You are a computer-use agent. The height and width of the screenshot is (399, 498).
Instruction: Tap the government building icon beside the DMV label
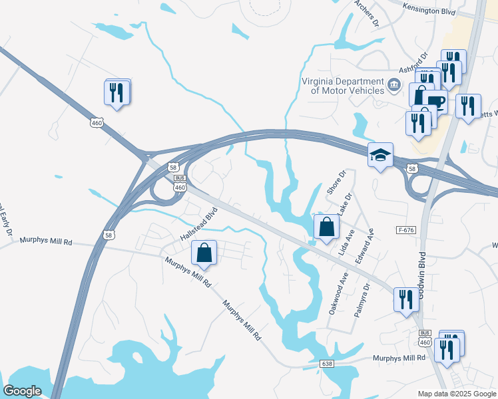(x=394, y=85)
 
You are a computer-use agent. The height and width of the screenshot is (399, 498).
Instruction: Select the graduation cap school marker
(x=380, y=156)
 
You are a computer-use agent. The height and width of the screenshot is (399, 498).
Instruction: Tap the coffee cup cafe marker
(x=435, y=102)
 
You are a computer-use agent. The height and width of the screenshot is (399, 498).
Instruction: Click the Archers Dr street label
(x=366, y=13)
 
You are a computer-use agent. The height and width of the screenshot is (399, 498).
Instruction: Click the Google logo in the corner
(x=23, y=391)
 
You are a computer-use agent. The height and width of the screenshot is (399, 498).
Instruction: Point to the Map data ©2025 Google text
(x=456, y=394)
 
